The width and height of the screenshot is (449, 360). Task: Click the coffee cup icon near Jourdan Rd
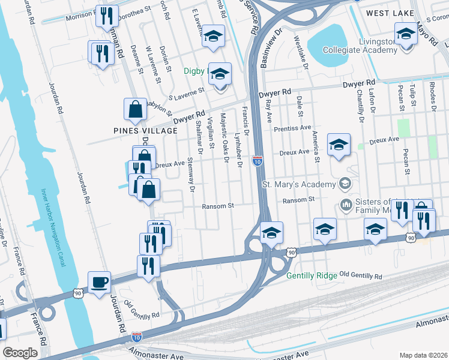coord(99,281)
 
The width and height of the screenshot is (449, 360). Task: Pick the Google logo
coord(20,353)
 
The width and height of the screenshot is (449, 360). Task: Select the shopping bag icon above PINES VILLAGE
coord(135,109)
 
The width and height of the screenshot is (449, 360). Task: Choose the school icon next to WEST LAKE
coord(406,34)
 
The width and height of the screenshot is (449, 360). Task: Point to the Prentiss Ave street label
coord(292,128)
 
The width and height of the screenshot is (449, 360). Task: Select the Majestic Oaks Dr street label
coord(225,139)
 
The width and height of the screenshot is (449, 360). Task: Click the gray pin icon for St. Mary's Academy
coord(345,182)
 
